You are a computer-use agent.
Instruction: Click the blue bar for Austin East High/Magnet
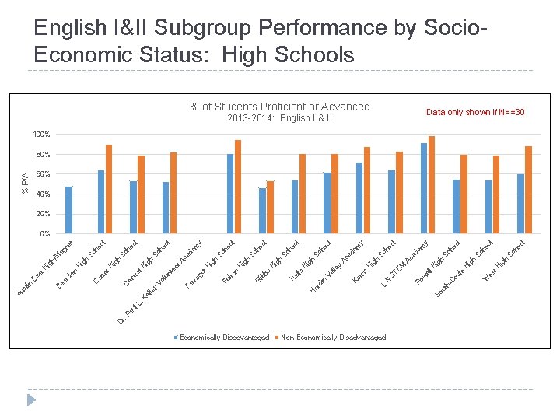point(68,210)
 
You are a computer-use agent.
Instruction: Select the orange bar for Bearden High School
point(109,189)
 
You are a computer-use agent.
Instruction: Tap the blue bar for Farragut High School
point(198,232)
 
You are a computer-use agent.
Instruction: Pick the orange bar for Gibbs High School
point(271,207)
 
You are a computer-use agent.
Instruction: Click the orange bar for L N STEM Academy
point(432,185)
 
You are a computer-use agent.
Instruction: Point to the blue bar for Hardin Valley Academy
point(327,203)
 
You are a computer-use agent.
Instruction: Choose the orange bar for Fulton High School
point(238,187)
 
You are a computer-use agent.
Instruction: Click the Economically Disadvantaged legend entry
point(222,338)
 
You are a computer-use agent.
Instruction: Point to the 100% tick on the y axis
point(41,135)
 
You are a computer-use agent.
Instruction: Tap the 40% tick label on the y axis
point(43,194)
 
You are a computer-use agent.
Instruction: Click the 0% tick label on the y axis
point(44,233)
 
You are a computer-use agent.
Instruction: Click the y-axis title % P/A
point(25,184)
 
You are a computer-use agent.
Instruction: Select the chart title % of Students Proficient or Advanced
point(280,107)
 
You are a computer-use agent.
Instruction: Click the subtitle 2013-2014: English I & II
point(280,118)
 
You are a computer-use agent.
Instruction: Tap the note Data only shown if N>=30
point(475,113)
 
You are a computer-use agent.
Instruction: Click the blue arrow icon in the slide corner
point(31,400)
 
